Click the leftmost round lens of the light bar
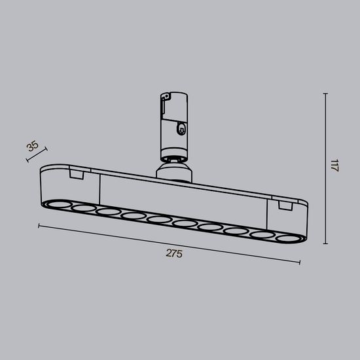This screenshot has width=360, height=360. click(x=57, y=206)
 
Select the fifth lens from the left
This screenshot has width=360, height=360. click(x=158, y=219)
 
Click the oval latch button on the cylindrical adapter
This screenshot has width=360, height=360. click(x=180, y=129)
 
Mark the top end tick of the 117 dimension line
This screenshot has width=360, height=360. click(x=325, y=94)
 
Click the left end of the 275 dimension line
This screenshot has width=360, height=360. click(x=39, y=226)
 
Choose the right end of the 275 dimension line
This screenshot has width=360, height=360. click(x=300, y=263)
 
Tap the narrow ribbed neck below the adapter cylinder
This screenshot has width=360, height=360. click(x=173, y=159)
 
